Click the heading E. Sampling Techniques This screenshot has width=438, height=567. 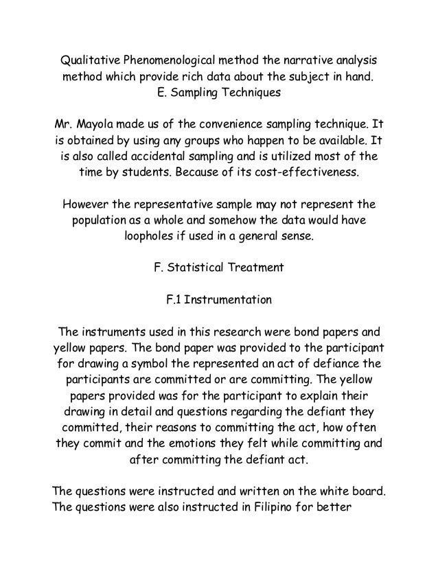point(219,91)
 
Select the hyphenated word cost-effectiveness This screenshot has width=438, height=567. point(308,172)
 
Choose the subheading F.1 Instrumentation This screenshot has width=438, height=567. point(219,300)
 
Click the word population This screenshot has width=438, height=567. point(102,221)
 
